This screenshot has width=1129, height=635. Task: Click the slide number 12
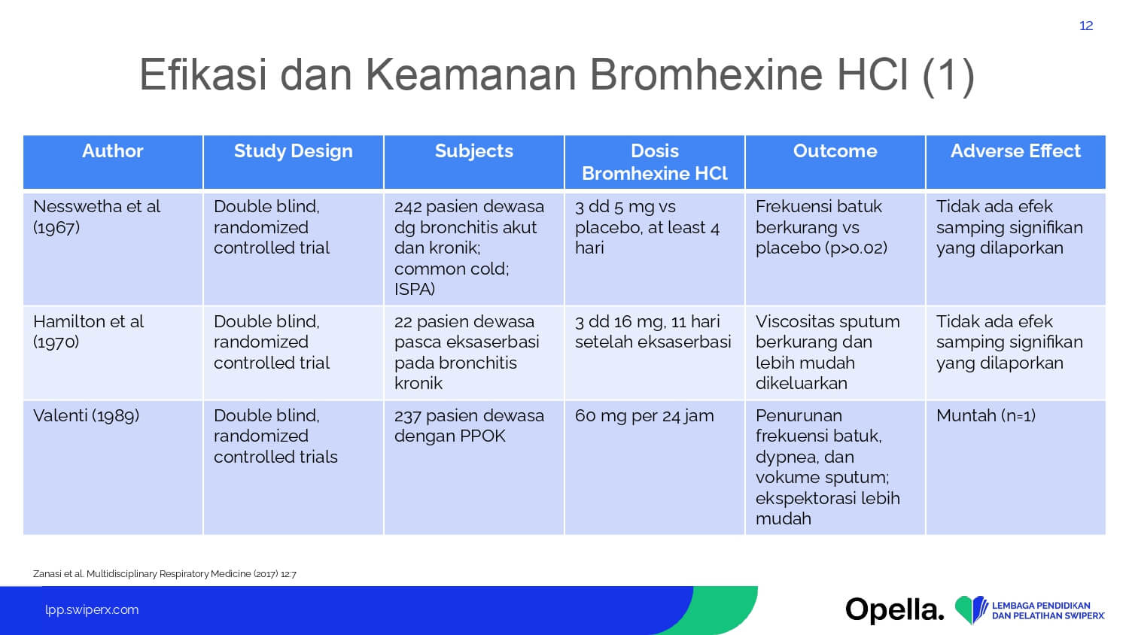[x=1086, y=26]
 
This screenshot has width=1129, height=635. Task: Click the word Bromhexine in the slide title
[x=706, y=74]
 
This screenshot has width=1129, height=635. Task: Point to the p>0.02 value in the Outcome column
[x=854, y=248]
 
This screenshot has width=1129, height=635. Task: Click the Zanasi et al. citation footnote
[x=164, y=573]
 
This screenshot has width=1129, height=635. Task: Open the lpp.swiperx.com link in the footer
[x=92, y=610]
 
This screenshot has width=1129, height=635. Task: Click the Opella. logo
[x=895, y=610]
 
